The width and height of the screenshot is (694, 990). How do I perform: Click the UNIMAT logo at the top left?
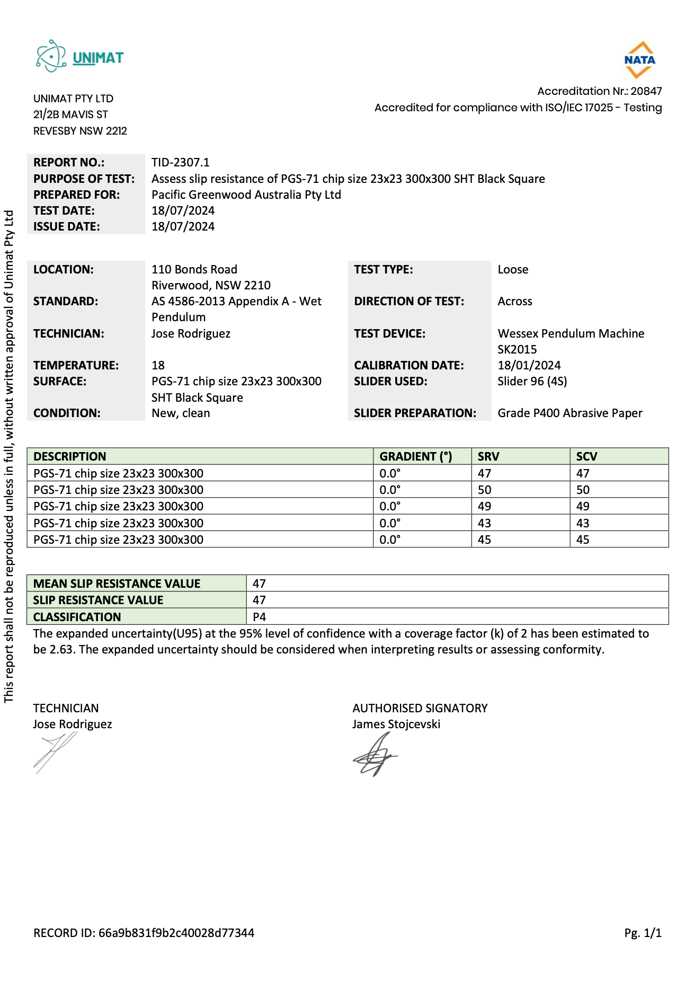79,56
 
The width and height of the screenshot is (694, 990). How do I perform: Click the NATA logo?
639,59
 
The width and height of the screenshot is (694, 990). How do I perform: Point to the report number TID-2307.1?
180,162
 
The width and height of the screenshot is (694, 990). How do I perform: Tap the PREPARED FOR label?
76,195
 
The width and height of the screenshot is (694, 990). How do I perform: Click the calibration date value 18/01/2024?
529,365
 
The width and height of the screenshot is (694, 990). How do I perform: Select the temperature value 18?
158,365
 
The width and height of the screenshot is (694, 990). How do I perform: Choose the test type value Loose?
512,269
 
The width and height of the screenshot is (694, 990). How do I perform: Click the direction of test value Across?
514,301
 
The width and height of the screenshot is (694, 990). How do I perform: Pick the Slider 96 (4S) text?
532,381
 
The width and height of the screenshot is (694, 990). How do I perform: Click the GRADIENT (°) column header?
415,456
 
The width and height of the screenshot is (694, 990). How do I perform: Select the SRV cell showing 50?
484,490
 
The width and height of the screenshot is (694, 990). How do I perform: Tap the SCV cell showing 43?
582,523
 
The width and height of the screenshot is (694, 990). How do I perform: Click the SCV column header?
586,456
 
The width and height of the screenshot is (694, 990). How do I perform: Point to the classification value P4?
259,617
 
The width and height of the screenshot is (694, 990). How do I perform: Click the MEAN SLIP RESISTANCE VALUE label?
117,584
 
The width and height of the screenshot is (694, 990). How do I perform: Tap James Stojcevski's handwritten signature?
375,755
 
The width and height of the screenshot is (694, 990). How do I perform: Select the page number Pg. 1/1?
643,933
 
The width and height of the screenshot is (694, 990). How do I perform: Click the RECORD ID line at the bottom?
144,933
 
